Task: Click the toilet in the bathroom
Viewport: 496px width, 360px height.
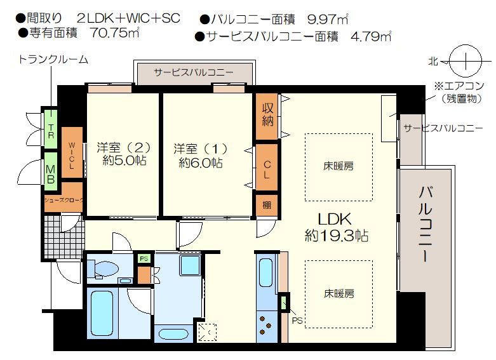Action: (x=103, y=269)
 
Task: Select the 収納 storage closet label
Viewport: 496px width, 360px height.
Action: (x=267, y=115)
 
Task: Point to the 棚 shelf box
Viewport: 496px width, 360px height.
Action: (x=267, y=205)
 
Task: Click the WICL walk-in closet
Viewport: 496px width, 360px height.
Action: (x=72, y=152)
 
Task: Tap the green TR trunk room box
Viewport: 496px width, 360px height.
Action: (x=51, y=128)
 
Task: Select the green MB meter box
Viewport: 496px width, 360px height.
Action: (x=51, y=171)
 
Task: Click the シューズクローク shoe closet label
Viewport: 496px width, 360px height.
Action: (x=64, y=200)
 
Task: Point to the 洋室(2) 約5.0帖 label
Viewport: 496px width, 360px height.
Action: (x=124, y=154)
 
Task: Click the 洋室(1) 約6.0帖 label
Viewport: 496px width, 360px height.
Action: (x=201, y=156)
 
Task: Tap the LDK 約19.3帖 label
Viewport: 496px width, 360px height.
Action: (x=336, y=227)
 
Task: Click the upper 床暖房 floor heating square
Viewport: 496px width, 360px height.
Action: (x=338, y=167)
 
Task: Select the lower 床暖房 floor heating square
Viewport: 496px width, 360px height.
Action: (x=338, y=294)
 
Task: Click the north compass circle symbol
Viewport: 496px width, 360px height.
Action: (x=466, y=60)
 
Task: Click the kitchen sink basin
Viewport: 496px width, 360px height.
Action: (x=265, y=272)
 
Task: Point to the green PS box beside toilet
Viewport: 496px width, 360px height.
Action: (x=144, y=258)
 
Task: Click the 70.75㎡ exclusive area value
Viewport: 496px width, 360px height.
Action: (x=115, y=32)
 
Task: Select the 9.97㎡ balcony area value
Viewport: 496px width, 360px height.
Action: (x=328, y=19)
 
